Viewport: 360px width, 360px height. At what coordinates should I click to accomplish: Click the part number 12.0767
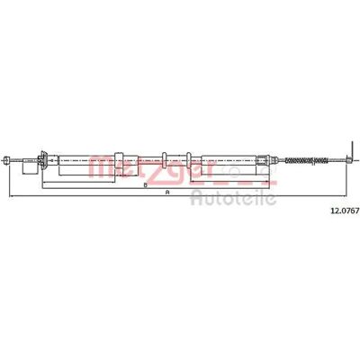tap(345, 211)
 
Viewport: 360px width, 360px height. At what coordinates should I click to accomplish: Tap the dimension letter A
tap(167, 193)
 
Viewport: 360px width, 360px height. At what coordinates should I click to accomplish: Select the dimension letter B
tap(146, 185)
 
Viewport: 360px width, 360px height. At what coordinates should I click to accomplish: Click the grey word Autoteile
tap(233, 198)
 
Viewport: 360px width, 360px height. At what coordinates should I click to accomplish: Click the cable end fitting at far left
tap(6, 160)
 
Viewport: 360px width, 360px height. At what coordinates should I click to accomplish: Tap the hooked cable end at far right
tap(348, 160)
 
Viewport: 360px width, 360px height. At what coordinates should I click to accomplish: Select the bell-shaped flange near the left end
tap(43, 160)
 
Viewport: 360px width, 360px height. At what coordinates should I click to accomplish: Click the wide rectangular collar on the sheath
tap(119, 160)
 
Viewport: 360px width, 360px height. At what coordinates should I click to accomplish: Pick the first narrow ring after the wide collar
tap(165, 159)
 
